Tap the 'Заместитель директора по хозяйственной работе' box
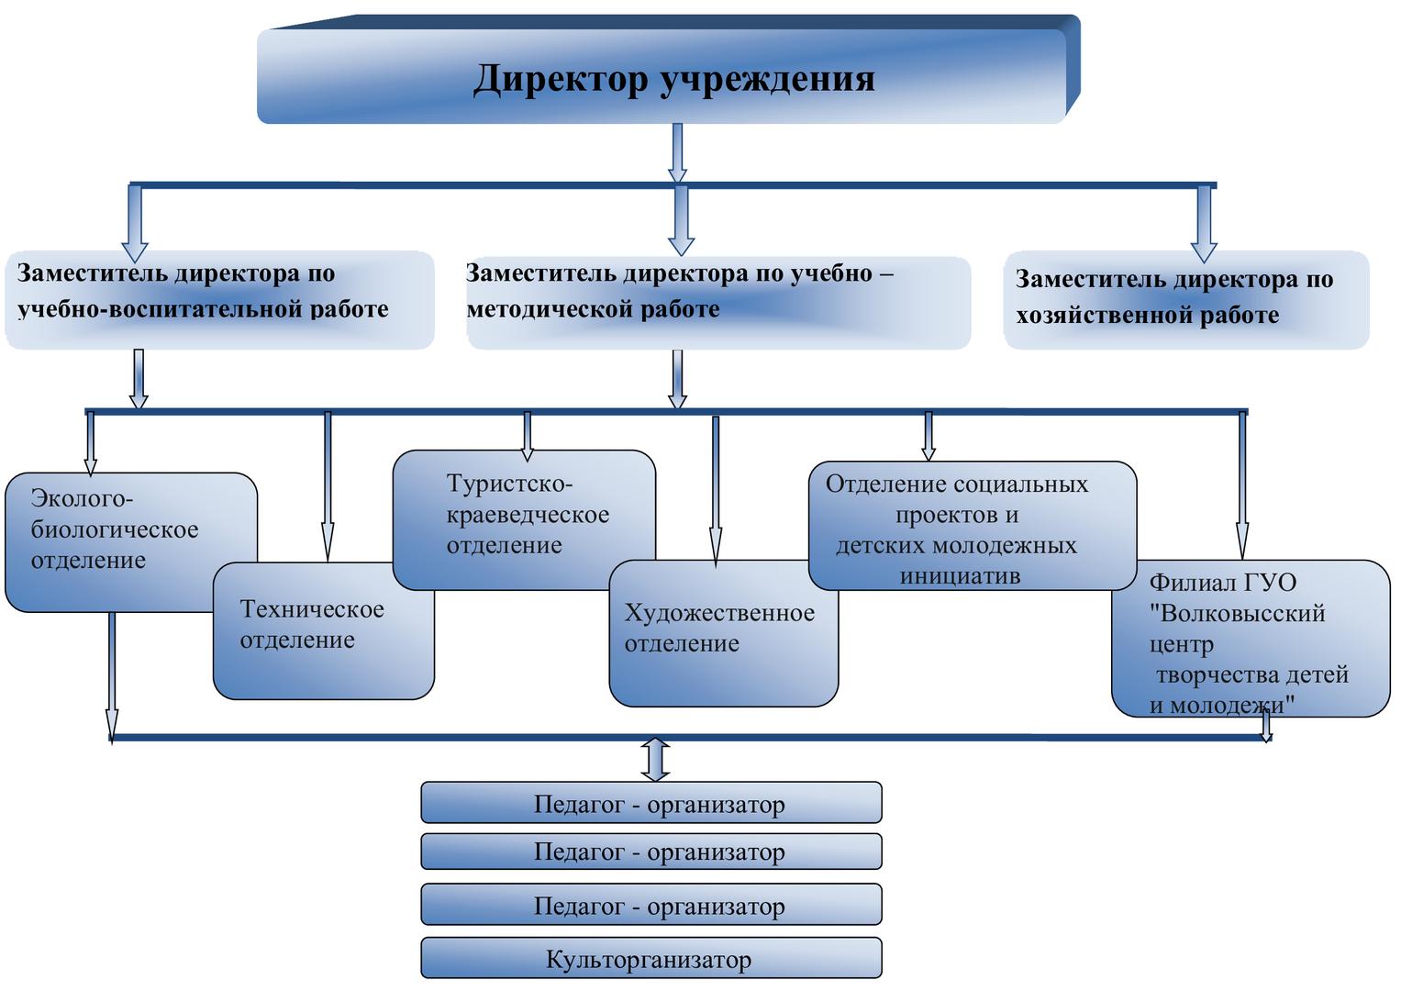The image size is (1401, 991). point(1185,299)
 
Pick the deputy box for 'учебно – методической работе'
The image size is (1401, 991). point(717,302)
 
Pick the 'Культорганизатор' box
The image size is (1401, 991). point(650,959)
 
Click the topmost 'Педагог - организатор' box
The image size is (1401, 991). point(650,804)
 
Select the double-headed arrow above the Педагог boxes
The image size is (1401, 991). point(655,759)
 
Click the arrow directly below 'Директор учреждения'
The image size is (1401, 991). point(677,152)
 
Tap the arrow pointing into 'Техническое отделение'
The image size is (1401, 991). point(328,486)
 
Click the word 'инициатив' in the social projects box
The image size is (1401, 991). point(960,576)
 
